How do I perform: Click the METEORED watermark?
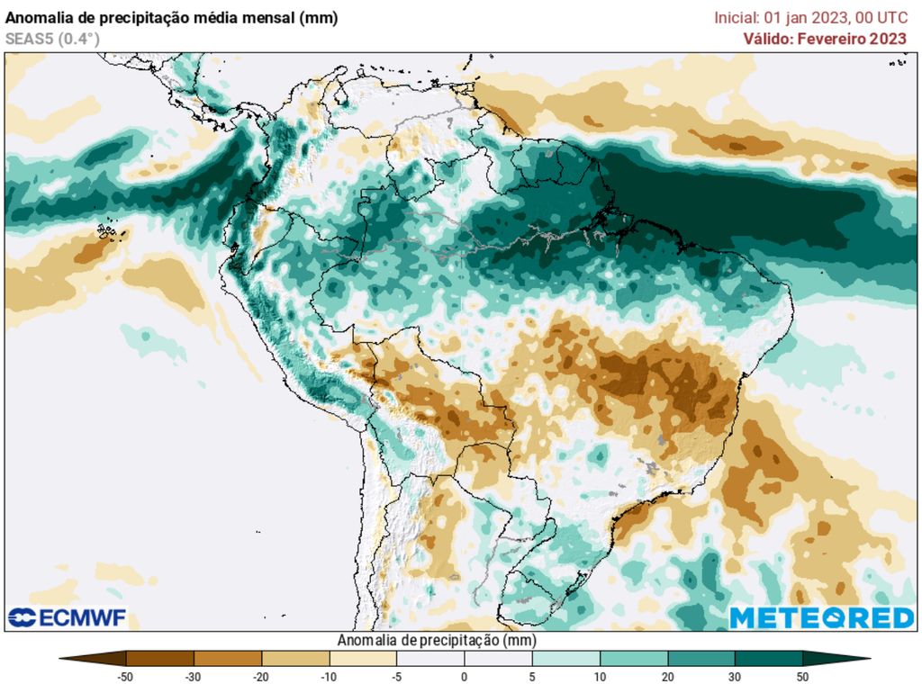[x=821, y=617]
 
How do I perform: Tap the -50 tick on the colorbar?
[x=126, y=677]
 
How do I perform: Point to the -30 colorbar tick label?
[x=194, y=677]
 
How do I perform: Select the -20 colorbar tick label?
[x=261, y=677]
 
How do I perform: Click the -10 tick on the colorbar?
[x=329, y=677]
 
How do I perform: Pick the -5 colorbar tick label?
[x=396, y=677]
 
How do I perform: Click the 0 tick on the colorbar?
[x=465, y=677]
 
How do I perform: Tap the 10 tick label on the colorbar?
[x=600, y=677]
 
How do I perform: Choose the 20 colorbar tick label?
[x=667, y=677]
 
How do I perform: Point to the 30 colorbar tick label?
[x=735, y=677]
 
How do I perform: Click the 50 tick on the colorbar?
[x=802, y=677]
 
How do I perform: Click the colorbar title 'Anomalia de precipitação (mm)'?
[x=436, y=640]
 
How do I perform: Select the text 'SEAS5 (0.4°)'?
[x=52, y=39]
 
